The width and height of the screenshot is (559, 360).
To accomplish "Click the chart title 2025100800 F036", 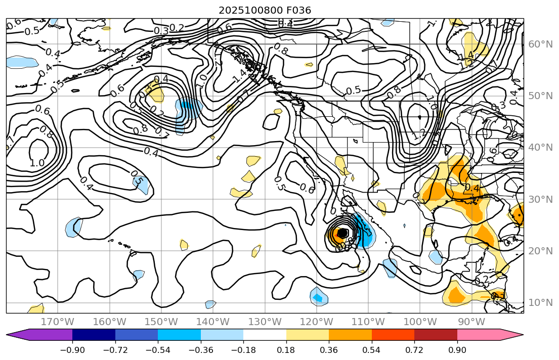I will [265, 10].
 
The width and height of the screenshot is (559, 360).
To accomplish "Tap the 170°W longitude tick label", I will [58, 322].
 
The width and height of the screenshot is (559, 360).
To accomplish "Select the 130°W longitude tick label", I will [265, 322].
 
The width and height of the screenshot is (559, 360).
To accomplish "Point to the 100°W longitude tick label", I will [420, 322].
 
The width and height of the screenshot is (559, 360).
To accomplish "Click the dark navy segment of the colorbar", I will [94, 335].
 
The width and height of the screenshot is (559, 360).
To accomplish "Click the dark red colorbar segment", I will [436, 335].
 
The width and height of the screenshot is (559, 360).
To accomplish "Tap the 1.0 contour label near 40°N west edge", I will [36, 163].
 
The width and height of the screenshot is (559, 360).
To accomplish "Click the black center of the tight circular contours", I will [342, 233].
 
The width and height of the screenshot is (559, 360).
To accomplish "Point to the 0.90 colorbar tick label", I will [457, 350].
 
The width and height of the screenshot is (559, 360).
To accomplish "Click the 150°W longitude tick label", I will [161, 322].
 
